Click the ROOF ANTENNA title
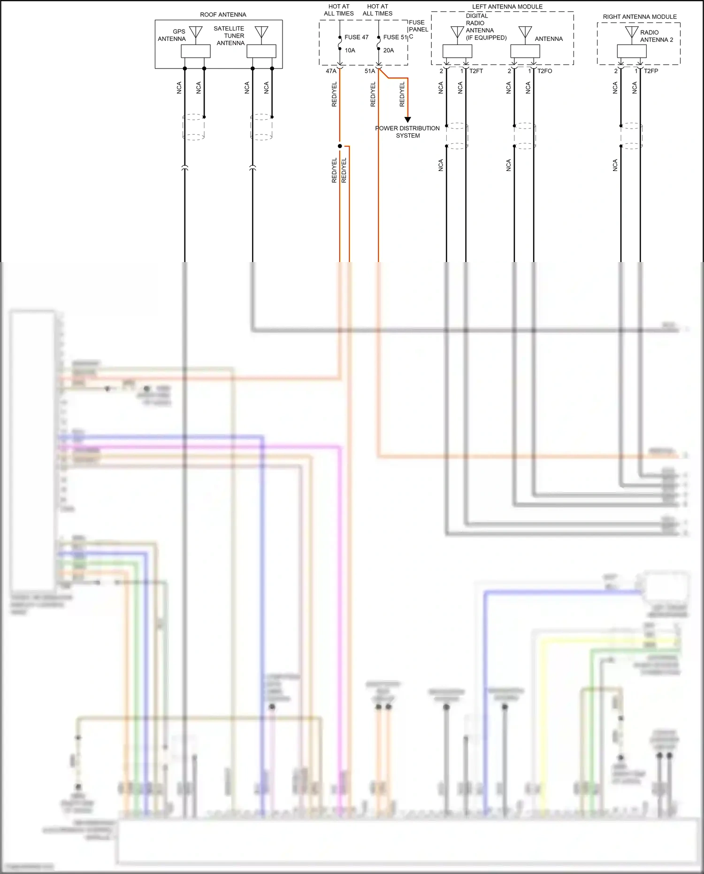[x=223, y=15]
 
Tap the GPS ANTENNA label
[x=172, y=35]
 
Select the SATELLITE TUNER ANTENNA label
[x=229, y=36]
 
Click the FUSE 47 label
[x=356, y=37]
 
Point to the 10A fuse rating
[x=350, y=50]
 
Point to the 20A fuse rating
[x=389, y=50]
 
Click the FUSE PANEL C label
[x=418, y=29]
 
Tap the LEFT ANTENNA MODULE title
[x=507, y=7]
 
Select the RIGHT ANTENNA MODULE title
[x=640, y=17]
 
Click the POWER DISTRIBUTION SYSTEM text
[x=407, y=132]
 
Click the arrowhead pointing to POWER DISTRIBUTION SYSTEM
[x=408, y=120]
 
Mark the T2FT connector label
[x=476, y=71]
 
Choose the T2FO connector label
[x=544, y=71]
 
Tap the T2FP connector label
[x=651, y=71]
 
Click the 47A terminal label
[x=331, y=71]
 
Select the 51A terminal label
[x=370, y=71]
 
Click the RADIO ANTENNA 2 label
[x=656, y=36]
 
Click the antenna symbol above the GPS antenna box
[x=196, y=32]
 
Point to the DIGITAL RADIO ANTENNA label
[x=486, y=27]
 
